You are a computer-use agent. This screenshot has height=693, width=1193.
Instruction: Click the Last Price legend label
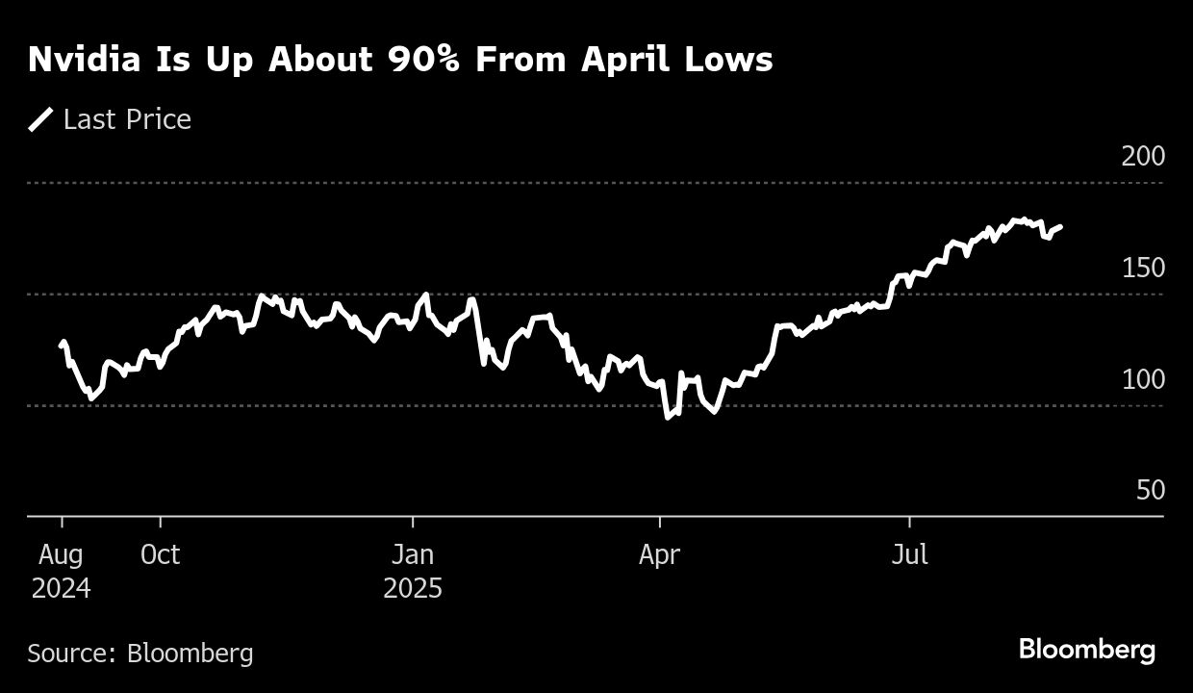(127, 119)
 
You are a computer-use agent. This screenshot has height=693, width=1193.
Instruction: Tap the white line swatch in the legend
(41, 119)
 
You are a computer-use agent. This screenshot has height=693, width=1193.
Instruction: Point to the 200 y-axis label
(1143, 156)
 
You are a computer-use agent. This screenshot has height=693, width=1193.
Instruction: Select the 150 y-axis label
(1143, 268)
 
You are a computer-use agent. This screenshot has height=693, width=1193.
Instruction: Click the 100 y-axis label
(1143, 379)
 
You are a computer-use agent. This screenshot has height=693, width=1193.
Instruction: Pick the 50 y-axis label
(1151, 491)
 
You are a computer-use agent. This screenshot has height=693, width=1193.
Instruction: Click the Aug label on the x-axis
(62, 555)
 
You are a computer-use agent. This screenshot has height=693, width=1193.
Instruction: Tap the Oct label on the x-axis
(160, 555)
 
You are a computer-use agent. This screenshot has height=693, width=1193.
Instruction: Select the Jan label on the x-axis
(413, 555)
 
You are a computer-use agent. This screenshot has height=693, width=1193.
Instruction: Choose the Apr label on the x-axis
(660, 555)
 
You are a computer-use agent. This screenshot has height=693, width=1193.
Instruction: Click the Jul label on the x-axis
(909, 555)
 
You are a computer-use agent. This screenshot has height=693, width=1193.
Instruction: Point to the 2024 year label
(62, 588)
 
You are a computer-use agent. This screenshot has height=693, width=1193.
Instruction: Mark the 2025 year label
(413, 588)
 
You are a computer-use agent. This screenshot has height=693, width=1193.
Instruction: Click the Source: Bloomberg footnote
(140, 654)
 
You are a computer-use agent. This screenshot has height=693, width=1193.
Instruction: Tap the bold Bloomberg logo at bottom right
(1087, 650)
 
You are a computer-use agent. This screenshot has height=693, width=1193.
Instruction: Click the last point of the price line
(1061, 226)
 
